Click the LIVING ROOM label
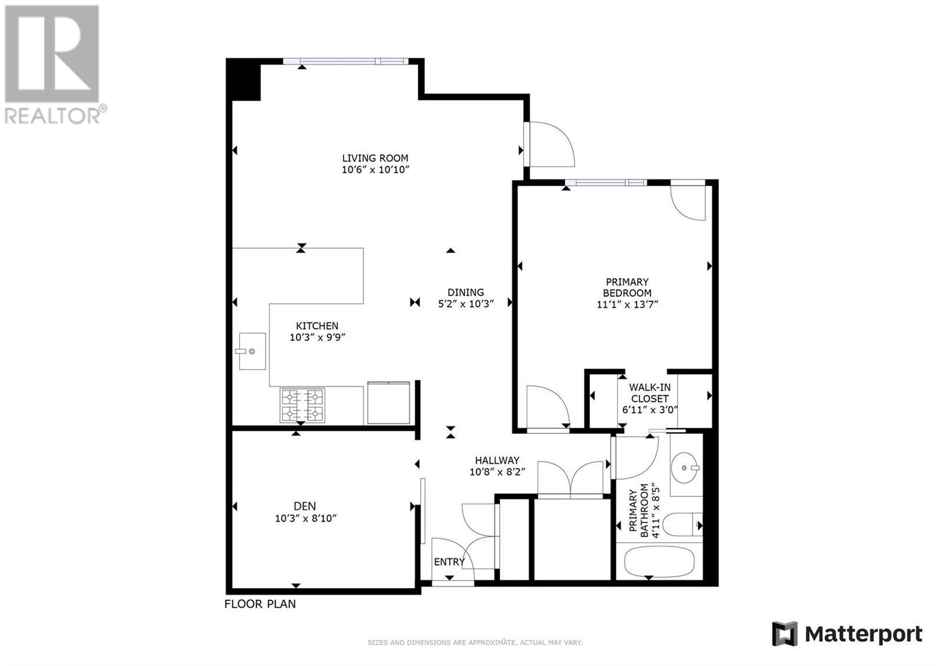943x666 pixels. [x=375, y=158]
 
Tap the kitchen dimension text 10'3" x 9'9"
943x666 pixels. [x=318, y=337]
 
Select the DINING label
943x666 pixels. [x=466, y=293]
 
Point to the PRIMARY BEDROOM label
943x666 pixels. [x=627, y=287]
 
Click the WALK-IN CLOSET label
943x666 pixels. [x=649, y=393]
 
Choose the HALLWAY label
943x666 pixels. [x=497, y=460]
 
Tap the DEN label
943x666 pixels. [x=305, y=506]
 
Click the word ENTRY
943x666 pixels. [x=450, y=562]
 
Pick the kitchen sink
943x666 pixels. [x=252, y=352]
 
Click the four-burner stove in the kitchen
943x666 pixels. [x=302, y=406]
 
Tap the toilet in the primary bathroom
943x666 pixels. [x=682, y=525]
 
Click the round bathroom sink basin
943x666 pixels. [x=684, y=468]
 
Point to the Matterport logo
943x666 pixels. [x=847, y=634]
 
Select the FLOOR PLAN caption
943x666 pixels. [x=260, y=604]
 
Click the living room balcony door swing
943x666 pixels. [x=552, y=144]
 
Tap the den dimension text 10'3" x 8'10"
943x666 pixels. [x=306, y=518]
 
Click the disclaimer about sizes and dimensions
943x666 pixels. [x=475, y=642]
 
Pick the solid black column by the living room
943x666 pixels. [x=243, y=79]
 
